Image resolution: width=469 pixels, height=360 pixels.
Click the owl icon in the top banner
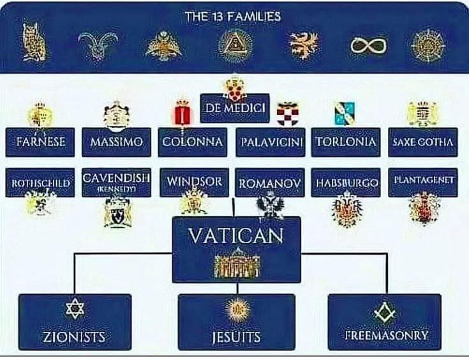(34, 42)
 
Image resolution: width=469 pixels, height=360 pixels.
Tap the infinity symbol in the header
(368, 45)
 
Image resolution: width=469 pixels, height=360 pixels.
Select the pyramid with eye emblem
(235, 45)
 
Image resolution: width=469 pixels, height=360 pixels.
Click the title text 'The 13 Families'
(233, 16)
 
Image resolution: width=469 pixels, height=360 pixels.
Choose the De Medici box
(235, 108)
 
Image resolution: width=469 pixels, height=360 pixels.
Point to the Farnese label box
(40, 142)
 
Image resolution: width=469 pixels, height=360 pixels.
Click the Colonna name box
(193, 142)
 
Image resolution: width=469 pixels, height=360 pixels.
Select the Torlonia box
(346, 142)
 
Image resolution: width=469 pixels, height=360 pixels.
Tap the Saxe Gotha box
(423, 142)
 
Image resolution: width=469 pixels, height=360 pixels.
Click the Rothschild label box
(40, 183)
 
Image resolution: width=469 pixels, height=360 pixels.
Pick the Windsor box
(194, 183)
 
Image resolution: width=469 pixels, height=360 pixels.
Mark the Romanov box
(270, 183)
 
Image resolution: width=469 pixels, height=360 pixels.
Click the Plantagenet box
(423, 183)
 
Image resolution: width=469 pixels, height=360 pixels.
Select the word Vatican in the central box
(236, 236)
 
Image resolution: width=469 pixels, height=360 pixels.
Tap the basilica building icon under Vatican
(237, 264)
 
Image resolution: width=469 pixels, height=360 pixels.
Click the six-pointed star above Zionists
(75, 308)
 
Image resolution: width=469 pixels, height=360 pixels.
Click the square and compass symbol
(385, 312)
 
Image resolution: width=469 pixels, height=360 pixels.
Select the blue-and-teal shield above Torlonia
(345, 114)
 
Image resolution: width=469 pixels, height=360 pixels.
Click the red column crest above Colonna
(182, 113)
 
